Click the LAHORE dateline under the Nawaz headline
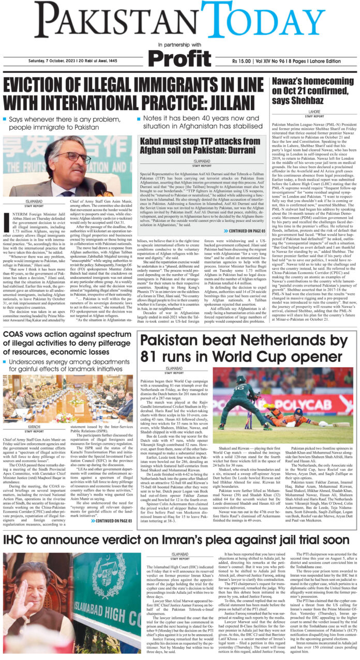(315, 111)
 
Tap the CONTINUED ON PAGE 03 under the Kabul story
(243, 216)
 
